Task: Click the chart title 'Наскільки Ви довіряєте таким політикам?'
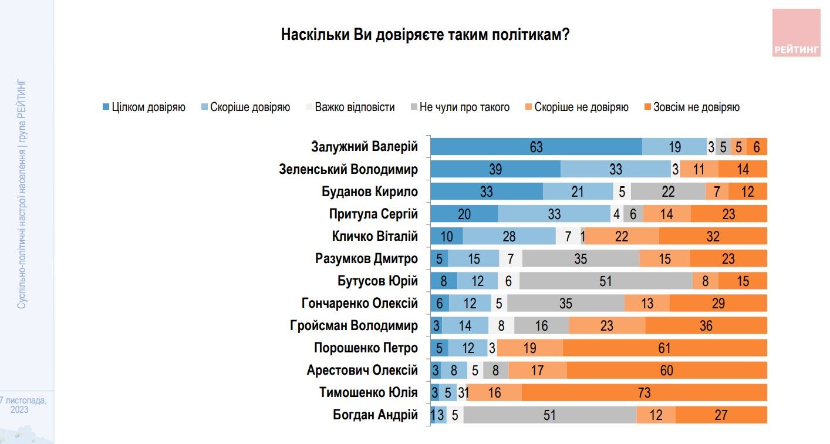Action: [x=425, y=34]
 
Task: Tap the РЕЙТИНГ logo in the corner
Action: [x=796, y=33]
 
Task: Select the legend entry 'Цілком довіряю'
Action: [x=144, y=107]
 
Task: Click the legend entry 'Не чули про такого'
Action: [x=460, y=107]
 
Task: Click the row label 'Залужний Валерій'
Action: [x=364, y=146]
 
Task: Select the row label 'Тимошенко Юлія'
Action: [x=368, y=392]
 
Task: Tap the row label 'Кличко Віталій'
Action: [x=374, y=236]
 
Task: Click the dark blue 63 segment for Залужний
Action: [x=536, y=147]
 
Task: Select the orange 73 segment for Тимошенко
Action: [x=644, y=392]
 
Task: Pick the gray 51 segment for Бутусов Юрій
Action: [x=606, y=281]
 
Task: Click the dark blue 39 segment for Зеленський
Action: [x=495, y=169]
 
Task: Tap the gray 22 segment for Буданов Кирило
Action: [x=668, y=191]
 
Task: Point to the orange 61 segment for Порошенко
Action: [x=664, y=348]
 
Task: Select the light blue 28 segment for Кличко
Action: [x=509, y=236]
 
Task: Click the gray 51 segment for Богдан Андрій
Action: [x=549, y=415]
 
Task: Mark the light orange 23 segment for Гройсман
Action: [x=607, y=325]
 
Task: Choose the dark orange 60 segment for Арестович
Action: [x=667, y=370]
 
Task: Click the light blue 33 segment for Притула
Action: [x=554, y=214]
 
